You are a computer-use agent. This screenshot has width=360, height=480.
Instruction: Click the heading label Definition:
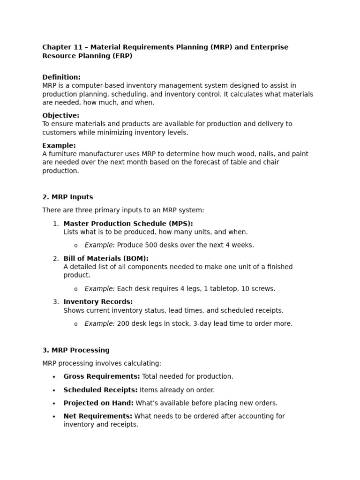pyautogui.click(x=61, y=77)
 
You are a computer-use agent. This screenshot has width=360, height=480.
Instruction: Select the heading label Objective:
pyautogui.click(x=61, y=115)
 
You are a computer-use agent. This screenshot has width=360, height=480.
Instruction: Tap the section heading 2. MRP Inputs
pyautogui.click(x=67, y=197)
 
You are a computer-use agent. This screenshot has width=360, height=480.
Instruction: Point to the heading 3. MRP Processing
pyautogui.click(x=76, y=350)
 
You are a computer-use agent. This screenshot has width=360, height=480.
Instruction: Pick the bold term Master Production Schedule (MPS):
pyautogui.click(x=128, y=224)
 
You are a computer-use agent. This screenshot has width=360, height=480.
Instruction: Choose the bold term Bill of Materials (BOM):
pyautogui.click(x=106, y=258)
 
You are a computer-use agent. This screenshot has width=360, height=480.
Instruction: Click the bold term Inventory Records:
pyautogui.click(x=98, y=302)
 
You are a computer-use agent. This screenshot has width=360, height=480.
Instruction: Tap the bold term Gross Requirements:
pyautogui.click(x=102, y=376)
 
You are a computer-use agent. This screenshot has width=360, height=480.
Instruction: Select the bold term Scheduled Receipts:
pyautogui.click(x=100, y=390)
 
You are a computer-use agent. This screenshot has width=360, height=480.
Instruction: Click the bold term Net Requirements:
pyautogui.click(x=98, y=416)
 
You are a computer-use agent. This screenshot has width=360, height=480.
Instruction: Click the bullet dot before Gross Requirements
pyautogui.click(x=54, y=377)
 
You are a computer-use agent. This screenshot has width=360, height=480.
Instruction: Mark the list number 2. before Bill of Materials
pyautogui.click(x=56, y=259)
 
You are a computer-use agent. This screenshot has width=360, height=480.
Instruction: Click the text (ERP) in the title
pyautogui.click(x=121, y=56)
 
